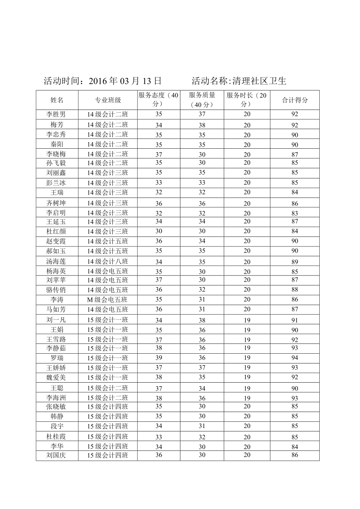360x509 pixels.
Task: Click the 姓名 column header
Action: (57, 100)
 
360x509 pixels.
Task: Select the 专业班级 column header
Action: (108, 100)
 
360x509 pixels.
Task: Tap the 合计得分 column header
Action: (295, 100)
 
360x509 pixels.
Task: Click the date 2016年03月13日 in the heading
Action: (125, 81)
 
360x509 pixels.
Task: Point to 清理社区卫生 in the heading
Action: (259, 81)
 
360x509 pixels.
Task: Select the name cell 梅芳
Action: (57, 125)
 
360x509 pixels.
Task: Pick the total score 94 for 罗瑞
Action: (295, 358)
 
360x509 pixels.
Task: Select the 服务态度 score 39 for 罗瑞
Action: (158, 358)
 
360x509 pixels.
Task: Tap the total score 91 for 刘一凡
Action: (295, 320)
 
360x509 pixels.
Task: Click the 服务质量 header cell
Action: (202, 100)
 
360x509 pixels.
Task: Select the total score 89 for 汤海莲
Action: (295, 262)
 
